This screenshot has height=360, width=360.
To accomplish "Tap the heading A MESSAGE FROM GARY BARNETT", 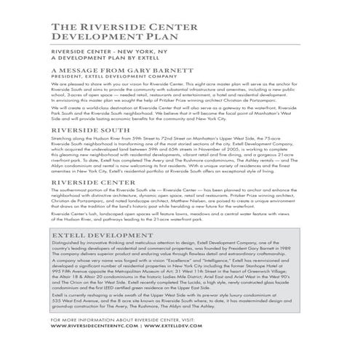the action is [x=114, y=71].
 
